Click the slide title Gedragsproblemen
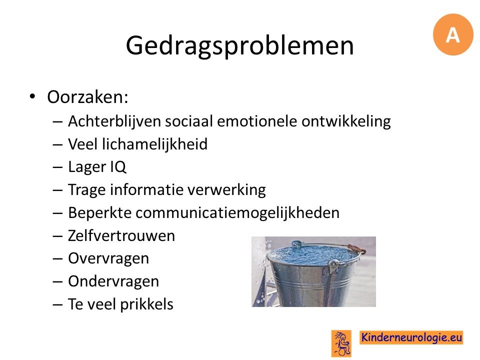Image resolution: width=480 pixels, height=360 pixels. (x=239, y=46)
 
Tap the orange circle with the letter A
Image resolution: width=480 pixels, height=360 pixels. (x=453, y=34)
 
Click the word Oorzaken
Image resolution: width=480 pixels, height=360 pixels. (x=87, y=97)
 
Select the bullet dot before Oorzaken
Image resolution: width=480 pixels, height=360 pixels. (x=32, y=96)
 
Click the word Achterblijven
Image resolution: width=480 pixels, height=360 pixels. (x=114, y=121)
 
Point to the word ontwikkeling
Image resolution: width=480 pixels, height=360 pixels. (x=346, y=121)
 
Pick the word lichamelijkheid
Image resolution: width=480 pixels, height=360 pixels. (x=154, y=144)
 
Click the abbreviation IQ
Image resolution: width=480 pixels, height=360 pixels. (x=118, y=167)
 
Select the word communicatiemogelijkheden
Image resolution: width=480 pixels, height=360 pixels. (x=237, y=213)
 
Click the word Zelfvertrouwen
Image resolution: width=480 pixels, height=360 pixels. (x=121, y=235)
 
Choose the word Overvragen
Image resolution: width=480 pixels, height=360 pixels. (x=108, y=258)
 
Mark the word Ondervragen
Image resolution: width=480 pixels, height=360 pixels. (x=113, y=281)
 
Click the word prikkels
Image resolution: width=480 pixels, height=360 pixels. (x=146, y=304)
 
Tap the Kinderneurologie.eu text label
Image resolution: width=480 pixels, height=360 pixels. (x=411, y=337)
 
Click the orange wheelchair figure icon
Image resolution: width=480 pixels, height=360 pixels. (x=341, y=343)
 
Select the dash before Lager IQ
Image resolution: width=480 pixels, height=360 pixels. (x=57, y=168)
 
